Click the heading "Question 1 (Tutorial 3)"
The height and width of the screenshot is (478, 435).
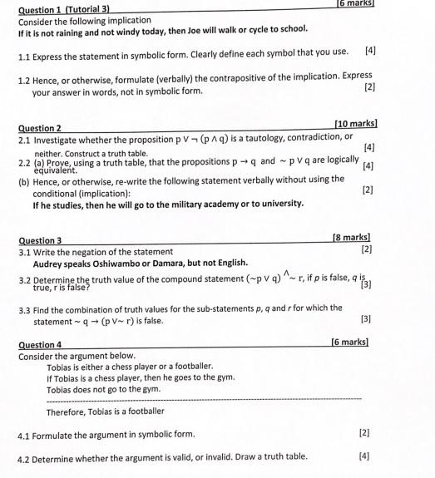tap(65, 8)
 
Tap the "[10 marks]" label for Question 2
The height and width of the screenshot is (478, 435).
tap(354, 124)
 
